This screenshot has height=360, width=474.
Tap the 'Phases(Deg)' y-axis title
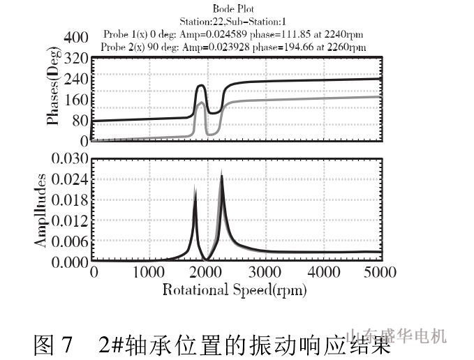[52, 99]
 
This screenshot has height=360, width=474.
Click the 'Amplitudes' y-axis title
[42, 210]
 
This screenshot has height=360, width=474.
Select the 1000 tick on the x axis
[149, 271]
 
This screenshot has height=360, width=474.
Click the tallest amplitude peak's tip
[221, 172]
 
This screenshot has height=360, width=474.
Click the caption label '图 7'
[53, 344]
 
